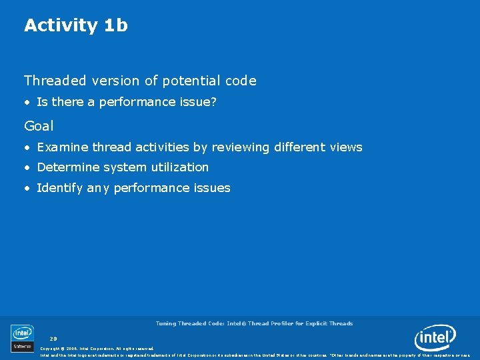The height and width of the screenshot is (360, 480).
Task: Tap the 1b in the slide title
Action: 116,25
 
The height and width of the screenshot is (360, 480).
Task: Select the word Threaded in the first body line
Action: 55,81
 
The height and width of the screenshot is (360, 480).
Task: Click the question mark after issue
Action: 213,102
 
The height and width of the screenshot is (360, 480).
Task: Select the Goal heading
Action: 39,125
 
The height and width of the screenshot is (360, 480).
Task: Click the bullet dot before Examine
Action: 27,147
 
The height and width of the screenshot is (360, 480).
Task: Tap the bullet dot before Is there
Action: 27,102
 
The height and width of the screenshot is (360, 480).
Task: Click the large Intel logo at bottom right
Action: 435,338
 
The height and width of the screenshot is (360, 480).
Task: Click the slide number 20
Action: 53,339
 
